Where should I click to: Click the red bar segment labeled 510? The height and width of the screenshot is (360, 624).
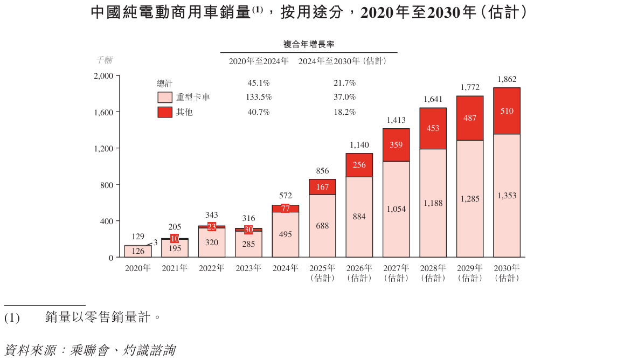pos(507,111)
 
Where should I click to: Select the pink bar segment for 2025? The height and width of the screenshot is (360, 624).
pos(322,226)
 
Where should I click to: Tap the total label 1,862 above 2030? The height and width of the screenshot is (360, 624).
pos(507,79)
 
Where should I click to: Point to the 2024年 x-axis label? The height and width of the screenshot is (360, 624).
pos(286,268)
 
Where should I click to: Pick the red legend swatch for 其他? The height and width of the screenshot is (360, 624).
pos(165,112)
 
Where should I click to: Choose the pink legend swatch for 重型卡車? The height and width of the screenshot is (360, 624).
pos(165,98)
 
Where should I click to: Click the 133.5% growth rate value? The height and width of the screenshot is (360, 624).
pos(259,97)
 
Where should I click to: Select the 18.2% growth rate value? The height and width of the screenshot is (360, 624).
pos(345,112)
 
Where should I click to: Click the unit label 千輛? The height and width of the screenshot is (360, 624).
pos(105,60)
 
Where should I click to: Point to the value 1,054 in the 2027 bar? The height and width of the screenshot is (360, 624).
pos(396,209)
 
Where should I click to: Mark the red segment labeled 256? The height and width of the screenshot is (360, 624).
pos(359,165)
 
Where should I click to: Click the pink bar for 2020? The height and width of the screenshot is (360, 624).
pos(138,251)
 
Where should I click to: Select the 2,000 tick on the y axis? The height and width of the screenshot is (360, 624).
pos(103,76)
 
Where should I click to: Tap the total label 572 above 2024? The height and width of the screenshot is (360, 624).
pos(286,196)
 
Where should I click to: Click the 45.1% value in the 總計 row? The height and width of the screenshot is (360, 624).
pos(259,83)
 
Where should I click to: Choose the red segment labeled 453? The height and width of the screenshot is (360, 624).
pos(433,128)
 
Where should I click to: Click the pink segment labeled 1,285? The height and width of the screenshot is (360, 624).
pos(470,199)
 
